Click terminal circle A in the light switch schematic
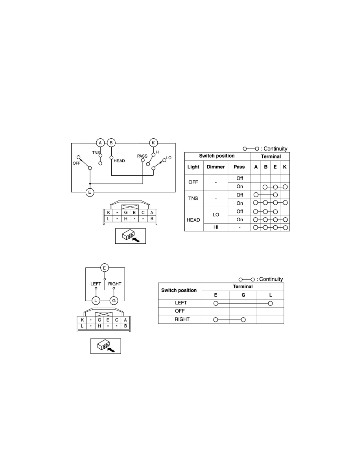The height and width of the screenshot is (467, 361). [100, 143]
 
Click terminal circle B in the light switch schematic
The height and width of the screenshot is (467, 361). [111, 143]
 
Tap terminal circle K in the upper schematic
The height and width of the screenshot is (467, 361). [153, 143]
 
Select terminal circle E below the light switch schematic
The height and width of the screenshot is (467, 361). [90, 192]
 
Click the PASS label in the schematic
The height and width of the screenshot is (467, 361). [142, 156]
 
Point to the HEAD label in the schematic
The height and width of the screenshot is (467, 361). [119, 161]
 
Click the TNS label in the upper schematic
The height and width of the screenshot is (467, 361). [96, 153]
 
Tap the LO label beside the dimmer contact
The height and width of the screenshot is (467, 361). [169, 158]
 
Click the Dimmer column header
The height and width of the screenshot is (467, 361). [215, 167]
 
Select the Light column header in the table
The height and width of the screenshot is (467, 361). [193, 167]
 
